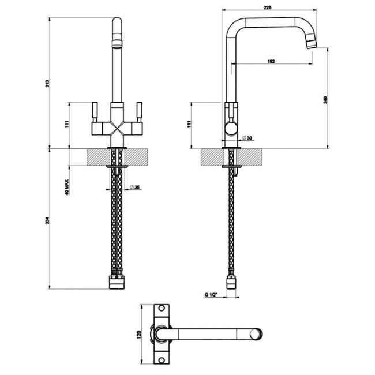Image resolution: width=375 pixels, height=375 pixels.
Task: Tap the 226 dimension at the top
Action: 268,7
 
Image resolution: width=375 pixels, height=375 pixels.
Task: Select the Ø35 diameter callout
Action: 134,187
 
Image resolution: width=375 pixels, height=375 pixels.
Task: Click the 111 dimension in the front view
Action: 67,125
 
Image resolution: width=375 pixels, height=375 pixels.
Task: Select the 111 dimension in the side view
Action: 189,125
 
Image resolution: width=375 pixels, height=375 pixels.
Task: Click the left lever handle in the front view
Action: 95,110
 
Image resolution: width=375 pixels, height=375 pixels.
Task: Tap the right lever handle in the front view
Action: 138,110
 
